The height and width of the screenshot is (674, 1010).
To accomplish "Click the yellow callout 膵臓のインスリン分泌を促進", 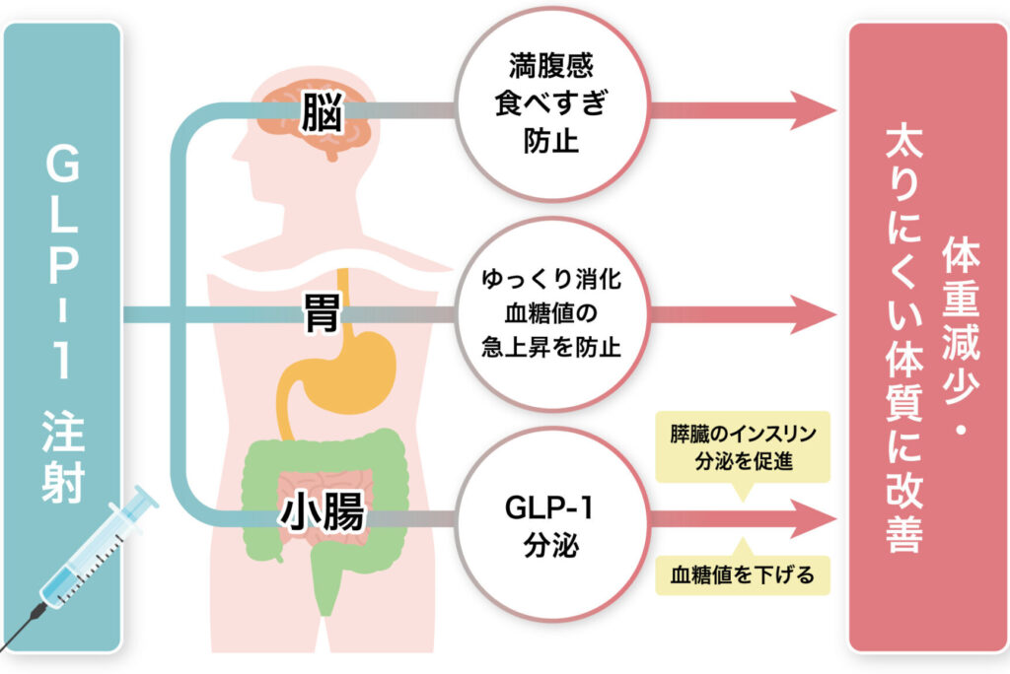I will tap(743, 446).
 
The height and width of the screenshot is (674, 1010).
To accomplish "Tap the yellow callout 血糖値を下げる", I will tap(743, 574).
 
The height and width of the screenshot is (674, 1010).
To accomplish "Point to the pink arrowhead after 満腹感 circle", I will tap(811, 109).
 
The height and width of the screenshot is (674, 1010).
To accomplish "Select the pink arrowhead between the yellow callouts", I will tap(811, 514).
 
